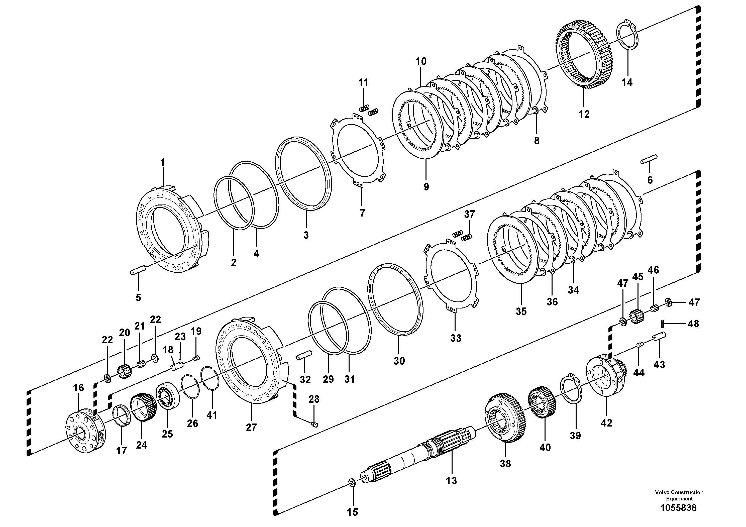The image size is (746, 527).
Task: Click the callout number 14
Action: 627,82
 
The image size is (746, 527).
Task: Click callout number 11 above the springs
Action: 363,82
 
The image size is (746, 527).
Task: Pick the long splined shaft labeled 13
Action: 422,455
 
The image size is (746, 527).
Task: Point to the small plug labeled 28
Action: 314,424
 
